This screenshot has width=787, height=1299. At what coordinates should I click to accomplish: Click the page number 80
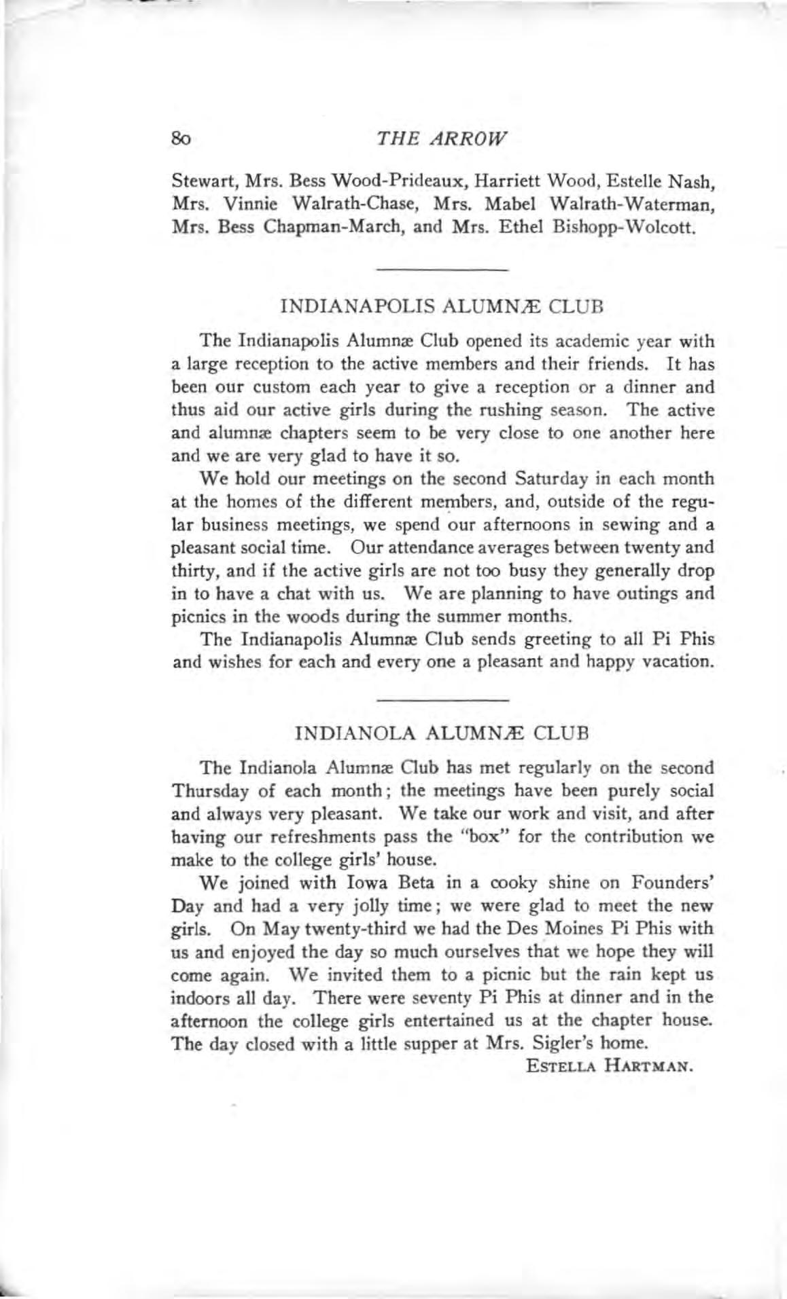tap(182, 139)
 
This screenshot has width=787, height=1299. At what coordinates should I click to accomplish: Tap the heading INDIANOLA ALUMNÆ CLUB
tap(442, 734)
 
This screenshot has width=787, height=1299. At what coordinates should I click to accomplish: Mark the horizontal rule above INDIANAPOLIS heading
tap(442, 270)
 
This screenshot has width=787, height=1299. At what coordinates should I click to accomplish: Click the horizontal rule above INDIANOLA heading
tap(442, 699)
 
